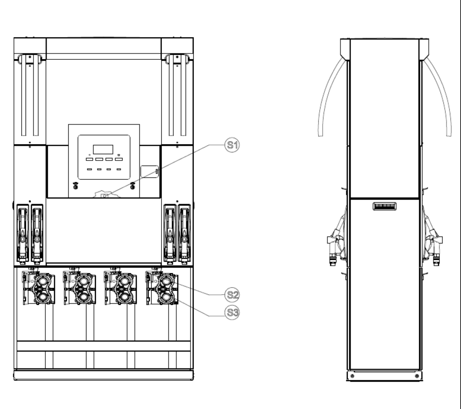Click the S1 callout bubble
click(232, 145)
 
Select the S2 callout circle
click(232, 295)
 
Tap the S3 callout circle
click(232, 312)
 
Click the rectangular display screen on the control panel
click(103, 149)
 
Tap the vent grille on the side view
click(384, 206)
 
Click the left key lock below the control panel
click(75, 186)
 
